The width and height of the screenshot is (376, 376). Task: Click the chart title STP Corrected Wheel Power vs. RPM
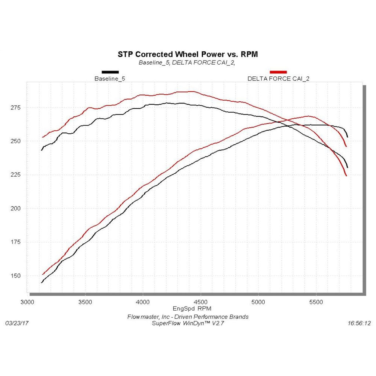point(188,54)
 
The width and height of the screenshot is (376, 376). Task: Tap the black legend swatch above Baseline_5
point(110,72)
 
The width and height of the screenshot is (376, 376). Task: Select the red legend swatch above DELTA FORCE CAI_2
point(278,72)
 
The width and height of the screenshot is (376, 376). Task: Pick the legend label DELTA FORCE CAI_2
point(278,79)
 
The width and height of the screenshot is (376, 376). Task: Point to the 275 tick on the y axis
point(17,108)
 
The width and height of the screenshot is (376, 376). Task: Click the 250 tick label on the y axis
point(17,141)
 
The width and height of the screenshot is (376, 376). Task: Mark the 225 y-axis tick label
point(17,175)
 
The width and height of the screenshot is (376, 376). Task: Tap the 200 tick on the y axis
point(17,209)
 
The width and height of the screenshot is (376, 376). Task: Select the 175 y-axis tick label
point(17,242)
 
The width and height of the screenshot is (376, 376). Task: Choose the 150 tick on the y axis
point(17,276)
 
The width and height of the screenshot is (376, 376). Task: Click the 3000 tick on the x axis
point(28,302)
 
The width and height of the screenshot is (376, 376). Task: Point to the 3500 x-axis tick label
point(85,302)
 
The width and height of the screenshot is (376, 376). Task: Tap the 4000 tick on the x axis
point(143,302)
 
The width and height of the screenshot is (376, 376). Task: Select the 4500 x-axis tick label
point(200,302)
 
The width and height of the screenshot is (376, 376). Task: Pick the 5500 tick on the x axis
point(316,302)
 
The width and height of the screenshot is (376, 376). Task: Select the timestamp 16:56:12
point(359,323)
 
